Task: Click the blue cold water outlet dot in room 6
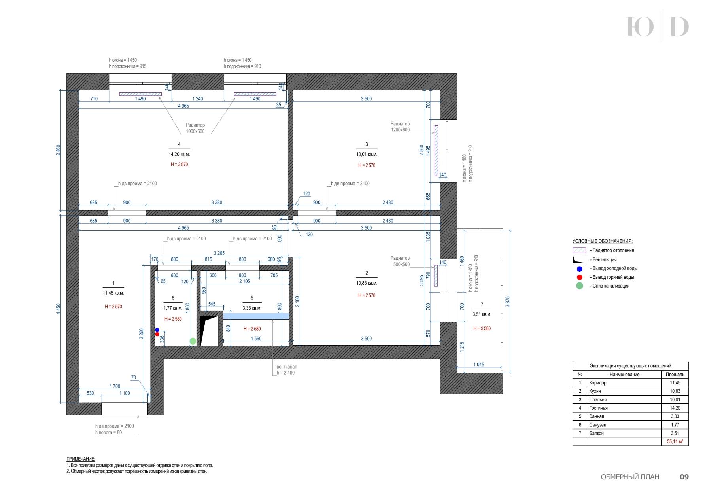(x=157, y=330)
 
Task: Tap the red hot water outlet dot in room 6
(x=157, y=334)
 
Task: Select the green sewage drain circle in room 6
(x=193, y=341)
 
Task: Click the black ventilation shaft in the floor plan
(x=209, y=330)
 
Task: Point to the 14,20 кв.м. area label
(x=179, y=155)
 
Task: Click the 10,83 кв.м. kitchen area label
(x=367, y=283)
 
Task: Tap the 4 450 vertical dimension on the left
(x=59, y=309)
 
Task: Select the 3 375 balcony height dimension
(x=508, y=301)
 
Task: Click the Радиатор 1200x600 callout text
(x=400, y=127)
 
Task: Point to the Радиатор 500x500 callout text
(x=400, y=261)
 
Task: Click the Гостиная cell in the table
(x=598, y=408)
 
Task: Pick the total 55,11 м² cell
(x=675, y=441)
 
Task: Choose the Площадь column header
(x=675, y=375)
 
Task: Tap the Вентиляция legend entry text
(x=603, y=260)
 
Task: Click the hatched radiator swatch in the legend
(x=579, y=250)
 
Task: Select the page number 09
(x=684, y=477)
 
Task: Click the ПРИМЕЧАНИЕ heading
(x=81, y=459)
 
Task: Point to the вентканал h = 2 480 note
(x=287, y=370)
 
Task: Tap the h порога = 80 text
(x=108, y=432)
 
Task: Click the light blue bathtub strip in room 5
(x=256, y=316)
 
